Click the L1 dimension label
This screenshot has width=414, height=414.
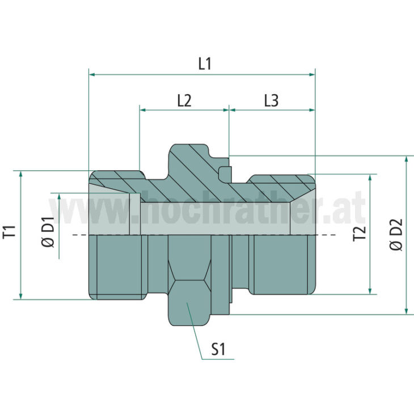pos(205,64)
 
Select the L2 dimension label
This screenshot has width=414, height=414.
pos(184,100)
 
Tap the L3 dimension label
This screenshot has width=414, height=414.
pos(272,100)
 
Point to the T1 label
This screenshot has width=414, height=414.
pos(10,233)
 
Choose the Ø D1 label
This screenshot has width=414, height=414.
pos(48,232)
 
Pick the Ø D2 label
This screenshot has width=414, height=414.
pos(396,235)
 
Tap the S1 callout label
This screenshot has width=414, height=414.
pos(218,349)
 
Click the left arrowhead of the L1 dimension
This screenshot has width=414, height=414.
pos(92,75)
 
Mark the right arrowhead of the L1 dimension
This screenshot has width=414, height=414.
pos(312,75)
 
